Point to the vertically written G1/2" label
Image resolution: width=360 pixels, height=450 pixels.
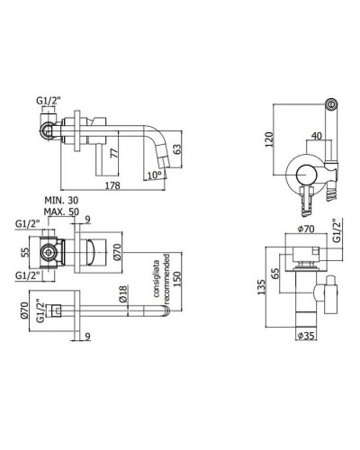click(334, 232)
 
